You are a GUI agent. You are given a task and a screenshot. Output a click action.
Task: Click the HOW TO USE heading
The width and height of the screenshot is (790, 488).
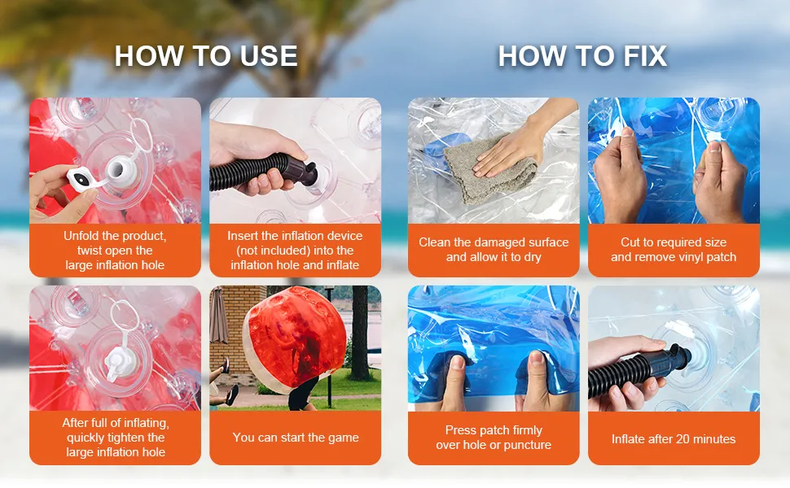[x=205, y=56]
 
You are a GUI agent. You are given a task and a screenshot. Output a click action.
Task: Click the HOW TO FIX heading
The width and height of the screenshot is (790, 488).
[x=582, y=56]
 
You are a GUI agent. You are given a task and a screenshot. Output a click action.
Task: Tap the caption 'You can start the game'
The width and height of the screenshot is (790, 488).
[x=296, y=438]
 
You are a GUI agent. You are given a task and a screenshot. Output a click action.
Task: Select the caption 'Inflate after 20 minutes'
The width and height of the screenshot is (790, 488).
[x=674, y=439]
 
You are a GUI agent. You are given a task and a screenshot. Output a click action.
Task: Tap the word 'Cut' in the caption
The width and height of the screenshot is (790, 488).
[x=630, y=242]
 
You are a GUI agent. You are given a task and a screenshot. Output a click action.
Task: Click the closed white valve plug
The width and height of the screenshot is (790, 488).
[x=120, y=362]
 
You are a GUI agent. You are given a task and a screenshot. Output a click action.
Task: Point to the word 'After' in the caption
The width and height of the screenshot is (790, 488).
[x=77, y=423]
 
